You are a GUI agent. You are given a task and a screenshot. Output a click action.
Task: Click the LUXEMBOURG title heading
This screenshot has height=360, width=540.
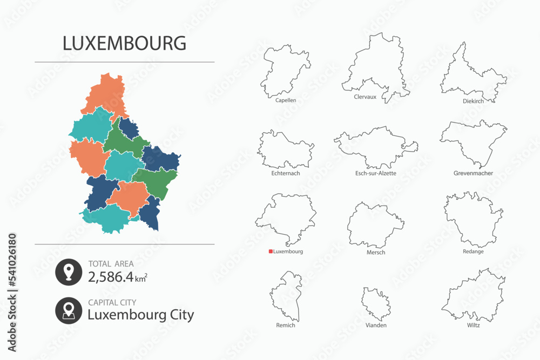[x=125, y=43]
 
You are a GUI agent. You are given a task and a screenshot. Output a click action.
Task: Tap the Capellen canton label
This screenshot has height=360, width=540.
[x=285, y=100]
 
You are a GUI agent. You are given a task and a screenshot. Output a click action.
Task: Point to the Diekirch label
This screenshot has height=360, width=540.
[x=473, y=100]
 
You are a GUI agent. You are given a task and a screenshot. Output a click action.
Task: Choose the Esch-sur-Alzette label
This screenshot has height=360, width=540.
[x=376, y=173]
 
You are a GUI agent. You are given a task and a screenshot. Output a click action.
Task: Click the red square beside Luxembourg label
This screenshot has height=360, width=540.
[x=271, y=252]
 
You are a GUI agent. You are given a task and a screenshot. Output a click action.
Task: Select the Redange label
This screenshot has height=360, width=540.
[x=473, y=252]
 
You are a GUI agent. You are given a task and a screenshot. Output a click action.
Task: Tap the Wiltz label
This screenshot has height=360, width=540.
[x=473, y=325]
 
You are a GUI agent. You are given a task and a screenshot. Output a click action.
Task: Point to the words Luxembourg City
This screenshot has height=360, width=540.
[x=140, y=315]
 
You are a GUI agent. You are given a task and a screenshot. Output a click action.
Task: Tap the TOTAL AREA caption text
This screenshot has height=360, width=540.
[x=111, y=264]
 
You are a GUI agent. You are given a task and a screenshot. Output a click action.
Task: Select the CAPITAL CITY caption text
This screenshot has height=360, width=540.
[x=112, y=303]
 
